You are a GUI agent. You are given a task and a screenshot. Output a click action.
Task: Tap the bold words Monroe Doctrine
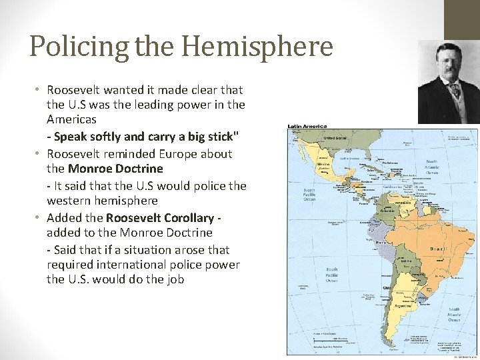coord(115,169)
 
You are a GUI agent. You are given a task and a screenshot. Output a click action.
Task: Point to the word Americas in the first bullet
coord(71,119)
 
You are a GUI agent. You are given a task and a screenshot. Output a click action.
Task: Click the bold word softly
coord(105,137)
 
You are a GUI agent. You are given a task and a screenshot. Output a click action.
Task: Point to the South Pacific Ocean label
coord(331,274)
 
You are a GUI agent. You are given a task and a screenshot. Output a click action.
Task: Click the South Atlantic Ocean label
coord(453,314)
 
